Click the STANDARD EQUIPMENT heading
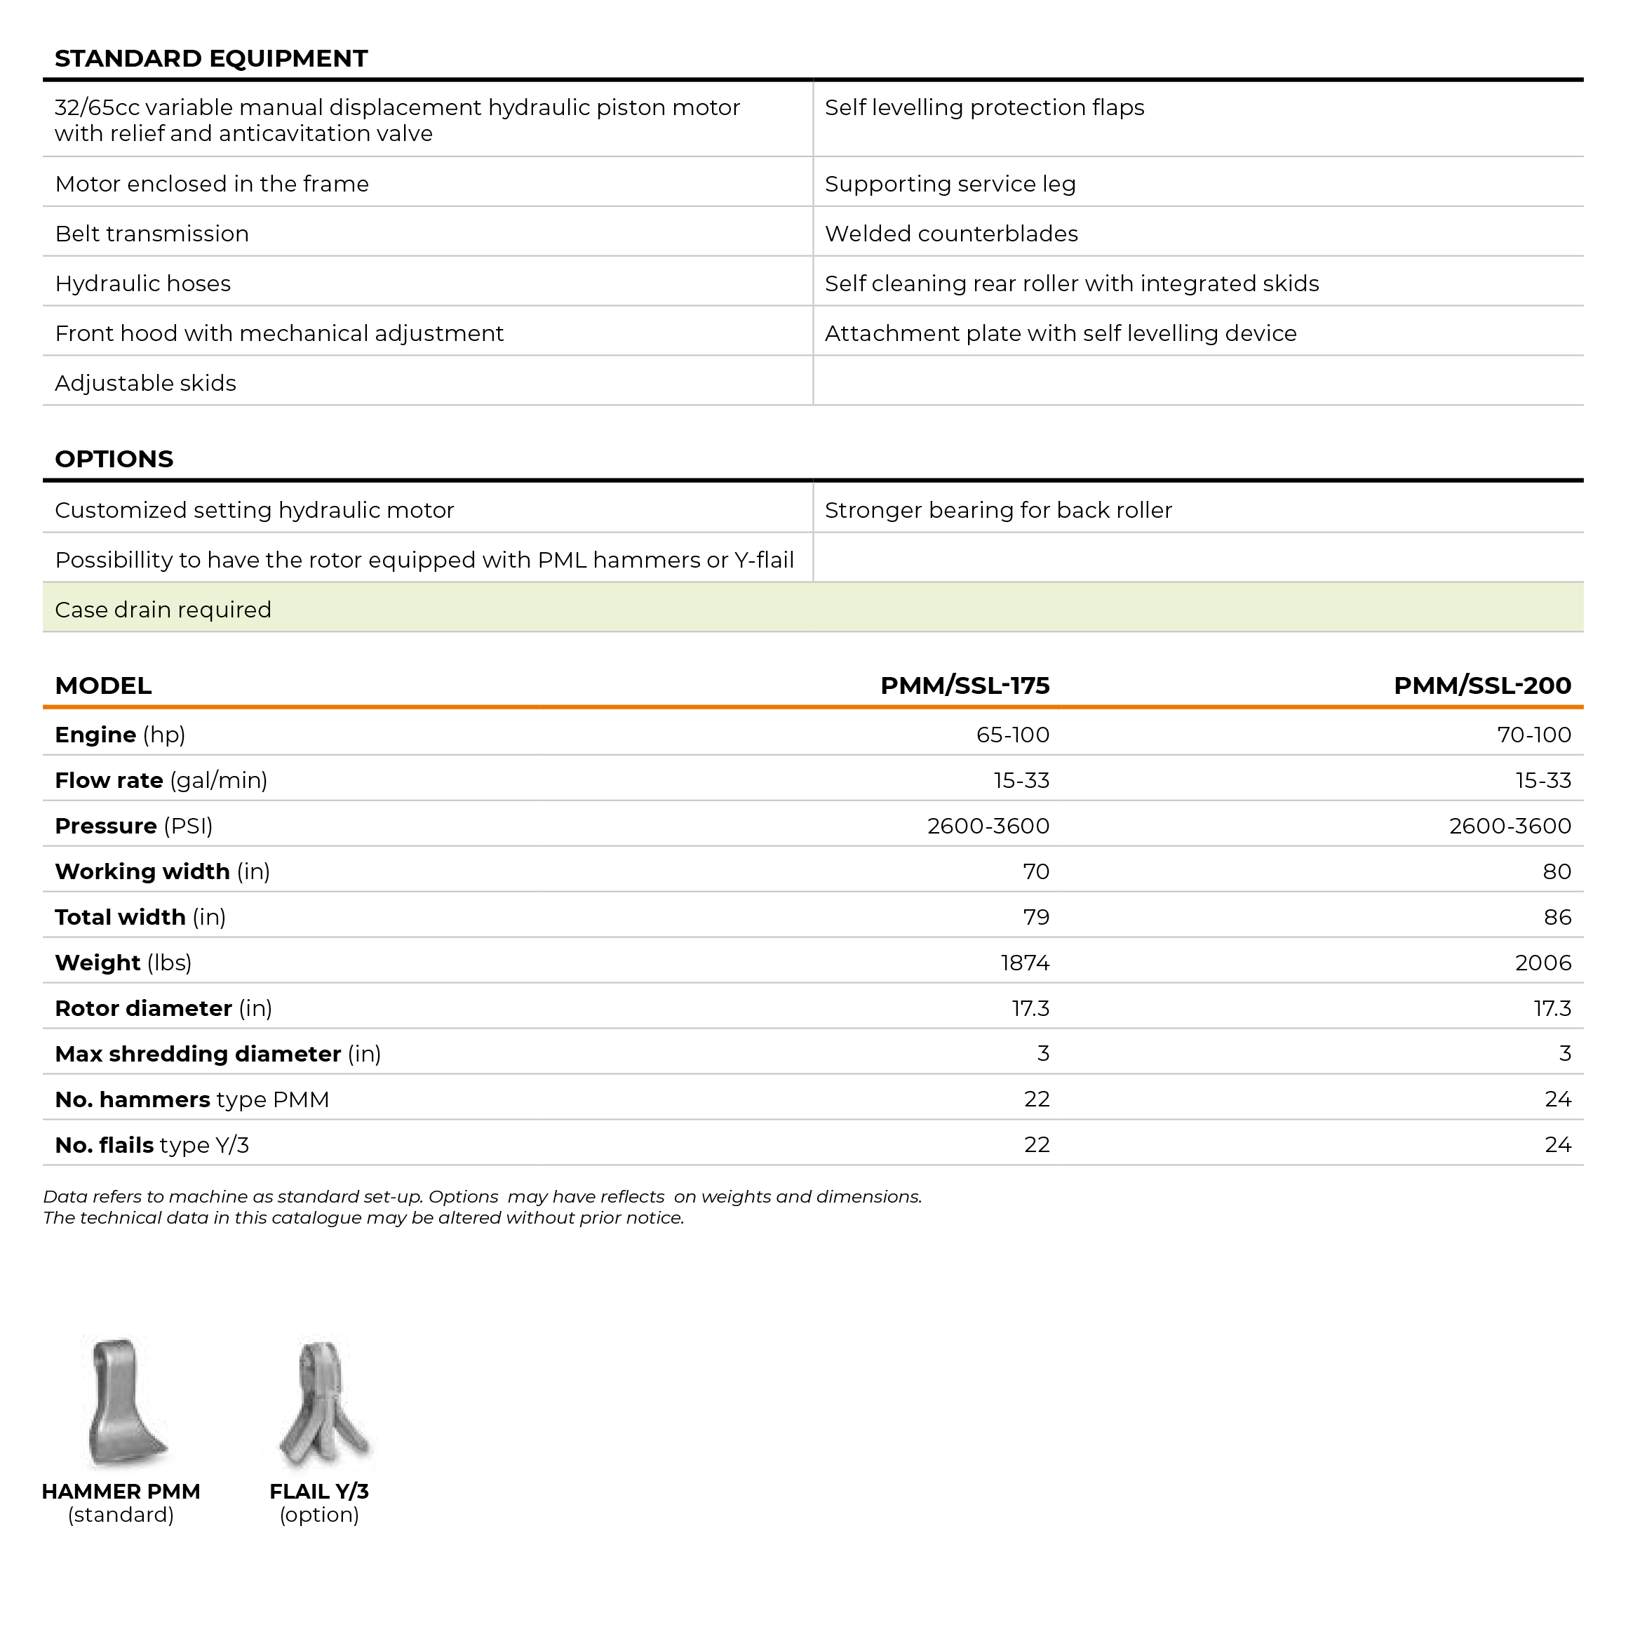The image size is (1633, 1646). [x=211, y=59]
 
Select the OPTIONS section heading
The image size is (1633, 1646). [x=114, y=459]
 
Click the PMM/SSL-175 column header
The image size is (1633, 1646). [x=965, y=686]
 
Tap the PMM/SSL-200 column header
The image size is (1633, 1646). [x=1481, y=686]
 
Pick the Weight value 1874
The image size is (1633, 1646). [x=1025, y=963]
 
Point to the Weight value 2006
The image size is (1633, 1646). [x=1543, y=963]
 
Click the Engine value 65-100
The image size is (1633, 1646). [x=1012, y=735]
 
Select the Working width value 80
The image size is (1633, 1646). [x=1557, y=871]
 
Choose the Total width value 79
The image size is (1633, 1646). [x=1036, y=918]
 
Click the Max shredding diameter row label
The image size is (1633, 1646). [x=218, y=1054]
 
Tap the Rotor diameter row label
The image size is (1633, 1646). [x=163, y=1009]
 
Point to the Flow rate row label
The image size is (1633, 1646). [x=161, y=780]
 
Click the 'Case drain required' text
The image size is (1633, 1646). [x=163, y=610]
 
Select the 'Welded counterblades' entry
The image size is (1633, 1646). [x=950, y=234]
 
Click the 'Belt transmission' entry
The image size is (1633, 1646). [x=152, y=234]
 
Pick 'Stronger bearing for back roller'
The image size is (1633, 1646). [x=997, y=510]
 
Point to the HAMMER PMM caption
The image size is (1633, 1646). [x=121, y=1492]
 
